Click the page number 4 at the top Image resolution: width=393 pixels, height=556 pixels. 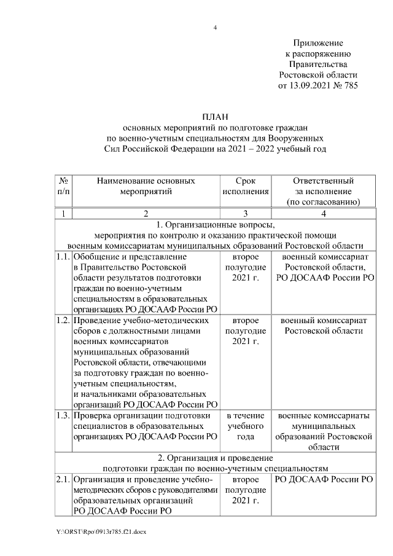(x=215, y=28)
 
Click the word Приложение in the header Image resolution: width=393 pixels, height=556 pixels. (x=317, y=42)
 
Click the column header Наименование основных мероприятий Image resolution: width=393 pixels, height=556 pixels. (x=146, y=186)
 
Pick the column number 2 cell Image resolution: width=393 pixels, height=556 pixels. (x=146, y=213)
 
